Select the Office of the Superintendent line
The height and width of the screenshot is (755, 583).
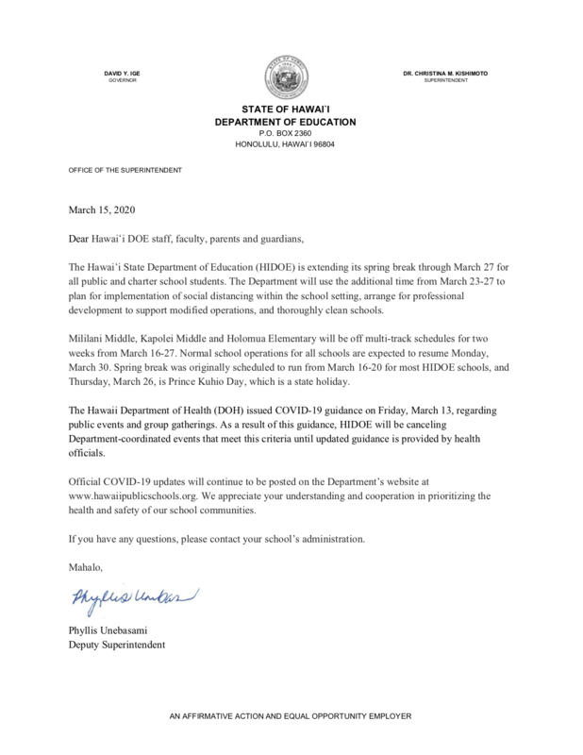(x=119, y=170)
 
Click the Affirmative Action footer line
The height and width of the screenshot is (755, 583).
(x=291, y=718)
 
